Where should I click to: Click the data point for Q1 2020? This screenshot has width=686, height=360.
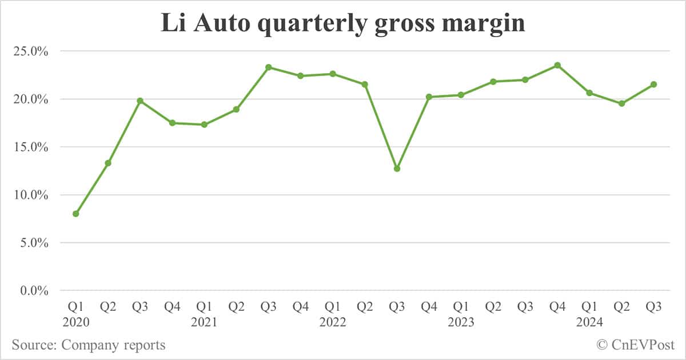point(75,214)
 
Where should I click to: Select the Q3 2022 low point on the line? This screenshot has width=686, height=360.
point(397,169)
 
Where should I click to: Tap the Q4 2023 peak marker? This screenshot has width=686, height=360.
point(557,65)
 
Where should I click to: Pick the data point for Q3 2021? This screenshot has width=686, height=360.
point(268,67)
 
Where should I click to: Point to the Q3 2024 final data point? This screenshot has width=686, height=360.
point(654,85)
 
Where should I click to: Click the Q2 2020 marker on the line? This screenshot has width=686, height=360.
point(107,163)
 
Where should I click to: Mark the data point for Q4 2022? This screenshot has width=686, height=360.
point(429,97)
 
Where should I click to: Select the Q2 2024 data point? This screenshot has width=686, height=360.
point(622,103)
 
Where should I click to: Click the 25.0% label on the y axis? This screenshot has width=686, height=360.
point(29,51)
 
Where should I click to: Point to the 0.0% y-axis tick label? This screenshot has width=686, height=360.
point(31,291)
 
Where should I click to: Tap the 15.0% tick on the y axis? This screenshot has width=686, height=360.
point(29,147)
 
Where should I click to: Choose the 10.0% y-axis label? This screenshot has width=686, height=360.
point(29,195)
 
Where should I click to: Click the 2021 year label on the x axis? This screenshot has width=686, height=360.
point(204,322)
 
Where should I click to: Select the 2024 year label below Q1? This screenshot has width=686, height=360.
point(589,322)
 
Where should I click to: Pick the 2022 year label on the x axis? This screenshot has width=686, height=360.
point(333,322)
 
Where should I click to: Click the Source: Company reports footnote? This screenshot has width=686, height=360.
point(89,345)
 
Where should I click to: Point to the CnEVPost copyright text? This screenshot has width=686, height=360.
point(635,345)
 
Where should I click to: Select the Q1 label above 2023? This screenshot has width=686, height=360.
point(461,307)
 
